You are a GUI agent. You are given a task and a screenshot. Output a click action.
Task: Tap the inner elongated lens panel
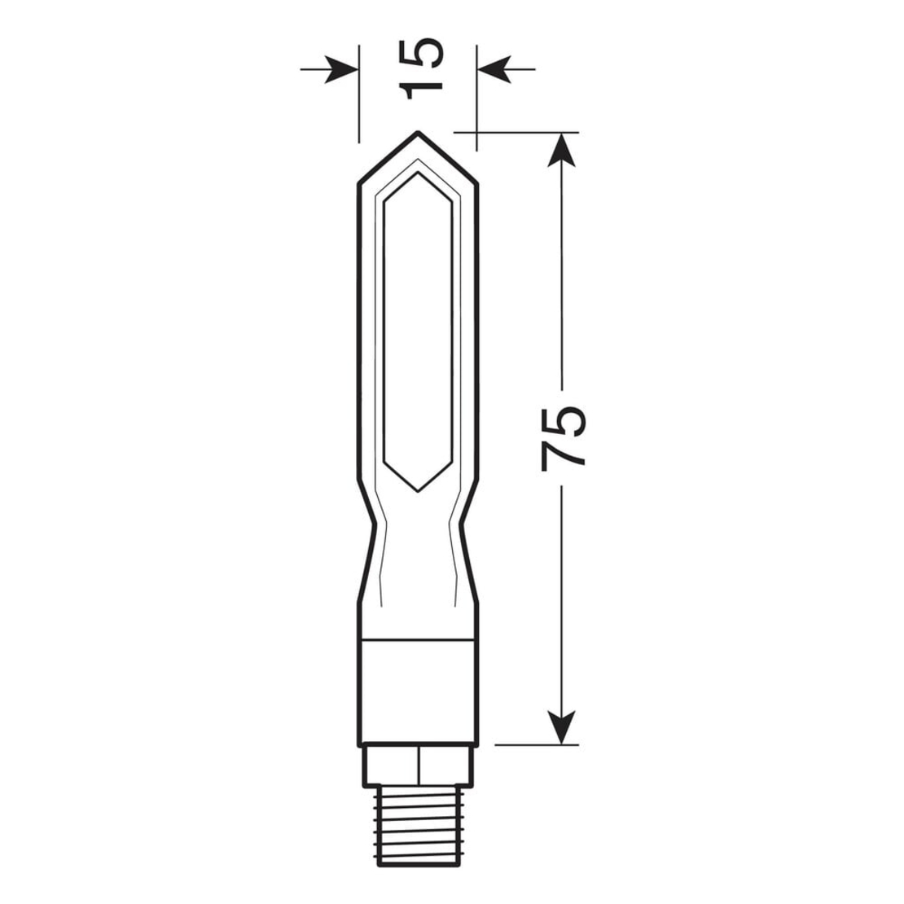tap(418, 326)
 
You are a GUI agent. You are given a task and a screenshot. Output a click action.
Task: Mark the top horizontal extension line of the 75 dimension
tap(521, 131)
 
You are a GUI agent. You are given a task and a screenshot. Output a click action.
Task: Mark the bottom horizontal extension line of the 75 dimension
tap(533, 744)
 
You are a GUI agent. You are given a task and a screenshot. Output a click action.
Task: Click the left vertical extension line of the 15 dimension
tap(358, 98)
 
